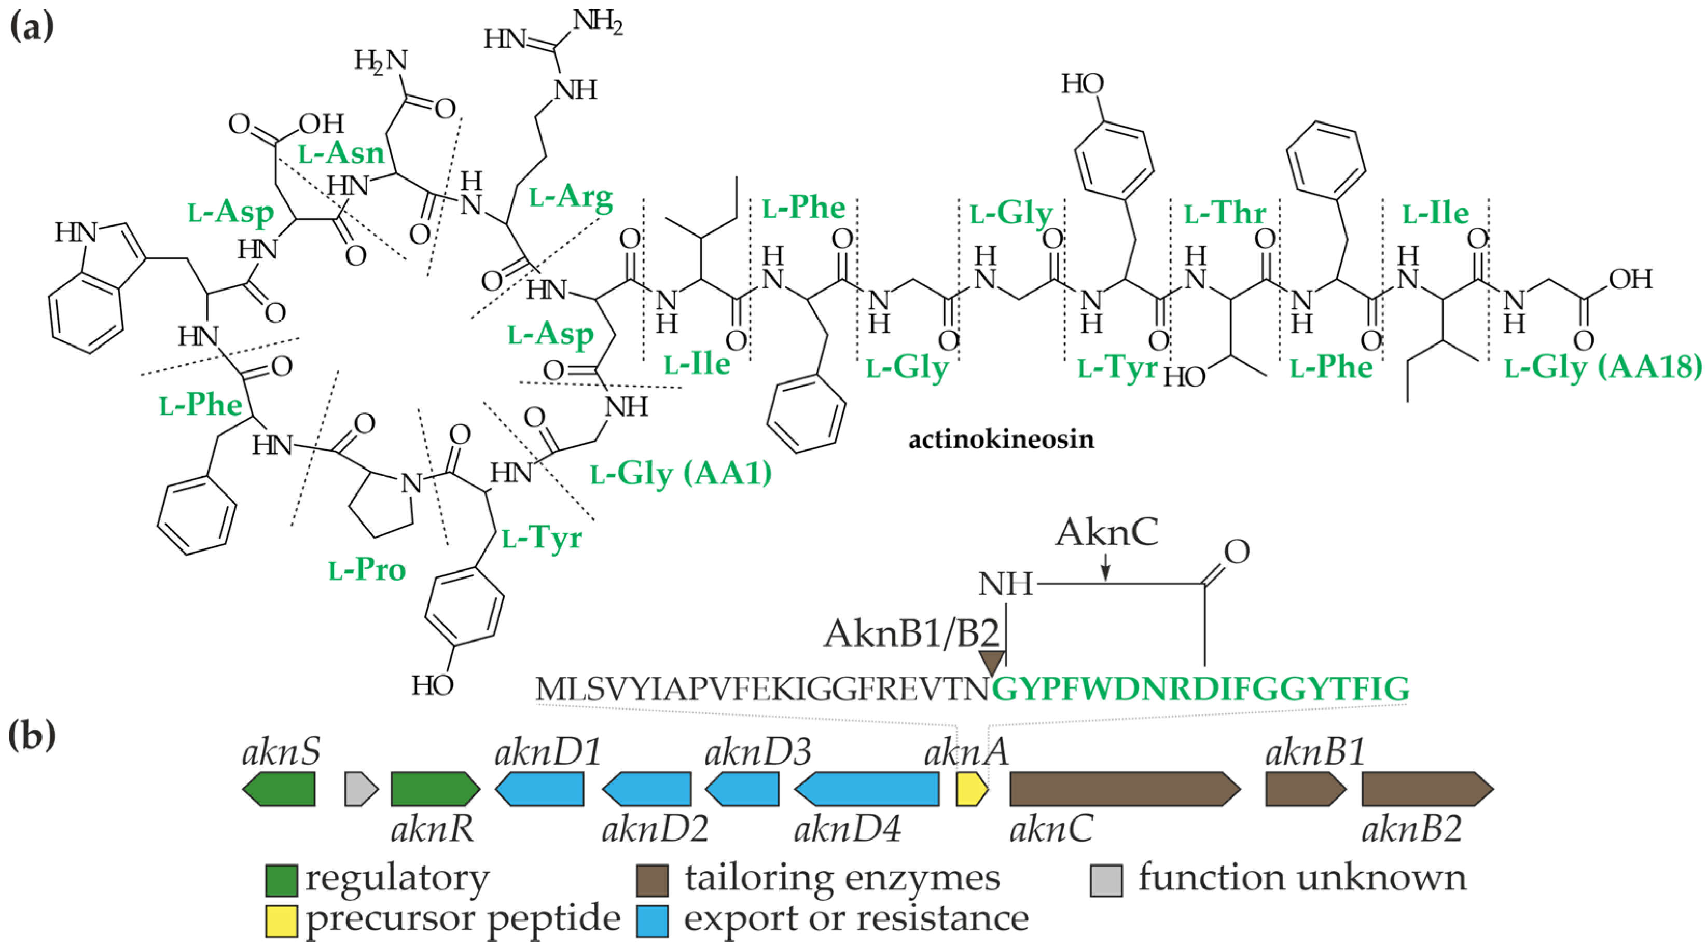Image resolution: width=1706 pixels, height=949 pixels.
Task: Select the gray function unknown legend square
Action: pyautogui.click(x=1106, y=880)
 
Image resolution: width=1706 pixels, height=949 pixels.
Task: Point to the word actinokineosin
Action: pyautogui.click(x=1001, y=439)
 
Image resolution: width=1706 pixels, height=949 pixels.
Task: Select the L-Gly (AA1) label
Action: pyautogui.click(x=681, y=474)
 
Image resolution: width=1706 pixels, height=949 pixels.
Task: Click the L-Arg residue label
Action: pyautogui.click(x=571, y=197)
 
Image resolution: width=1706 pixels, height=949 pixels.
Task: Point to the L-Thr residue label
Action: pyautogui.click(x=1225, y=213)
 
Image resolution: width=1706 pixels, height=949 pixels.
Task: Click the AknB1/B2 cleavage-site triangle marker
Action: pyautogui.click(x=991, y=662)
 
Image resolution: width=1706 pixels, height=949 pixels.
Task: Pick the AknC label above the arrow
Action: pyautogui.click(x=1106, y=532)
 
